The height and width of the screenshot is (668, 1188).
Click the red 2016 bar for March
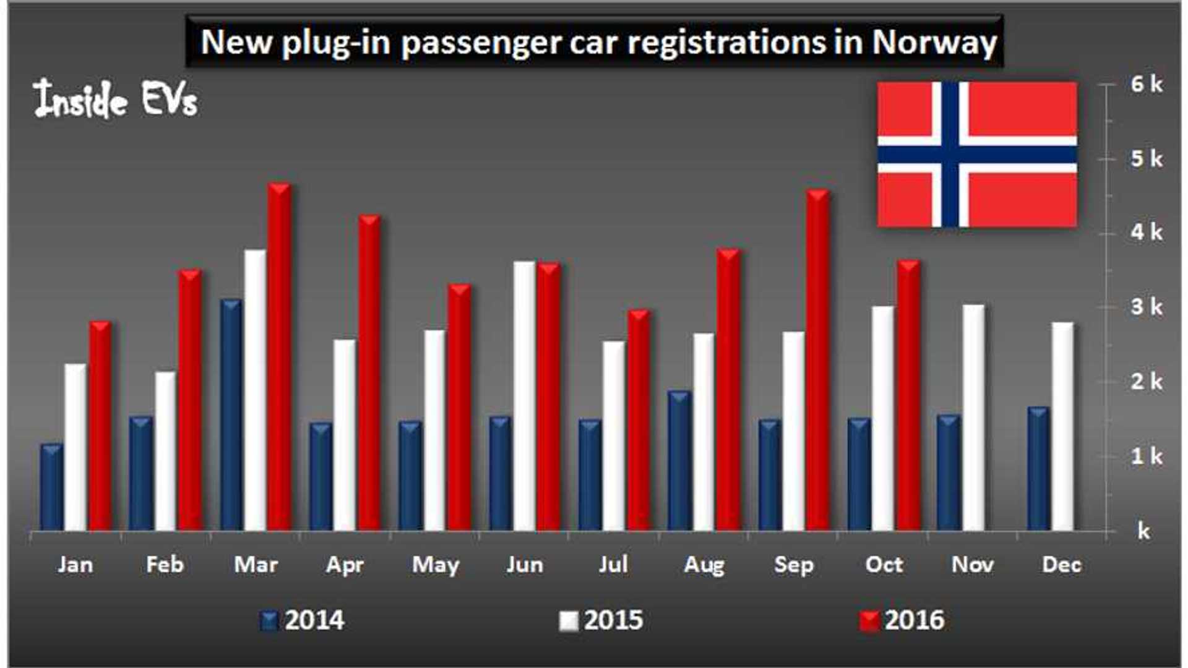[x=280, y=359]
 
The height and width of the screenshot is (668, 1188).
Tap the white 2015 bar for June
[x=524, y=396]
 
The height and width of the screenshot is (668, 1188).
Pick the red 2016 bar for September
[x=818, y=361]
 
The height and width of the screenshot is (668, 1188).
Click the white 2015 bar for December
[x=1062, y=427]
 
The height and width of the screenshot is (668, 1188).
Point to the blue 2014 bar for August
[x=679, y=461]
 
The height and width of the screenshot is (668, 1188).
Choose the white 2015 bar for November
[x=973, y=418]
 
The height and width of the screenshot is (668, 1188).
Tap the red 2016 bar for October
[x=908, y=396]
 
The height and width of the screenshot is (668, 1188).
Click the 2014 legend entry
[x=303, y=620]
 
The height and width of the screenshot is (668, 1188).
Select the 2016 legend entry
[x=903, y=620]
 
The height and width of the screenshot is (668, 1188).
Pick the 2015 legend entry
[x=601, y=620]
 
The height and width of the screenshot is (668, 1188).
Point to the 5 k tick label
[x=1146, y=159]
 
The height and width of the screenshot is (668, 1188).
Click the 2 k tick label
[x=1146, y=382]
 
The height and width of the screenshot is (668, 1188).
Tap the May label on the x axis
[x=436, y=565]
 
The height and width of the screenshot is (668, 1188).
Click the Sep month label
[x=794, y=565]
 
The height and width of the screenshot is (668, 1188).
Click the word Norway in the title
[x=934, y=42]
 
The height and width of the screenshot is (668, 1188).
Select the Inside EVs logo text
[x=116, y=100]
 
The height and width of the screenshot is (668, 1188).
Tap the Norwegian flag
[x=977, y=154]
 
